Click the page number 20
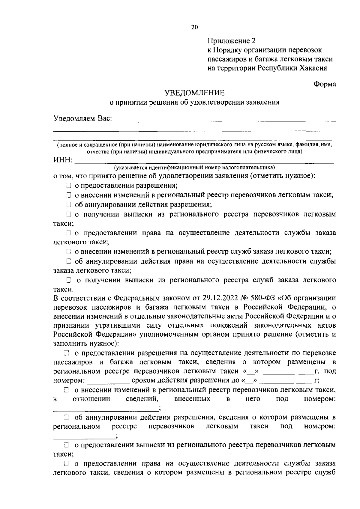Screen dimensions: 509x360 [194, 27]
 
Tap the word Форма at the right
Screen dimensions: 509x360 [325, 84]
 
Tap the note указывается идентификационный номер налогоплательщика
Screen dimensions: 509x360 [194, 167]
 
